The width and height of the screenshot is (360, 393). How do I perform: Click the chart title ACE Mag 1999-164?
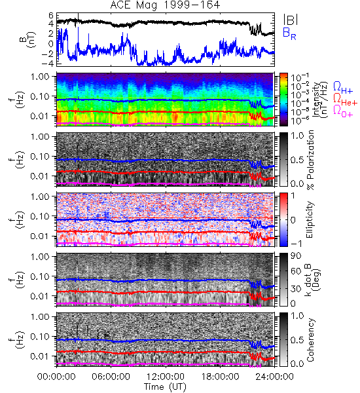[165, 5]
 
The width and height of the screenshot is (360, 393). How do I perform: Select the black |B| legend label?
[291, 20]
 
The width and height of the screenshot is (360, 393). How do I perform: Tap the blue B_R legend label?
[290, 33]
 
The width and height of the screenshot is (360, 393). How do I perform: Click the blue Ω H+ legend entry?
[343, 88]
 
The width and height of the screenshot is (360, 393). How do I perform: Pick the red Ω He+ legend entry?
[345, 100]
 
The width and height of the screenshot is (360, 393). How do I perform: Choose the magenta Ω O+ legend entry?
[343, 111]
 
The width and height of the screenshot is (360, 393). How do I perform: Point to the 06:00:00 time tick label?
[111, 377]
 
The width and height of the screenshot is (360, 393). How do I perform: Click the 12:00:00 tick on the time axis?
[166, 377]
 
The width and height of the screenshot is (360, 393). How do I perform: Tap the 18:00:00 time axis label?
[220, 377]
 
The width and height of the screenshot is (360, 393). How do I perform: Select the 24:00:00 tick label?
[274, 377]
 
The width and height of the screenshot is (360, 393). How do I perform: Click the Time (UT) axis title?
[165, 387]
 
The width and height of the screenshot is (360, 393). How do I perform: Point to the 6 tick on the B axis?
[51, 16]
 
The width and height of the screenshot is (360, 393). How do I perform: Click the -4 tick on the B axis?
[48, 64]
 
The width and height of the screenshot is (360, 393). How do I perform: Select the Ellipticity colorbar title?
[310, 220]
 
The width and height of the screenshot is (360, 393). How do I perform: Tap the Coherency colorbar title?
[310, 340]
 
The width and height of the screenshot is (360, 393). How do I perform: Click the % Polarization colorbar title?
[310, 160]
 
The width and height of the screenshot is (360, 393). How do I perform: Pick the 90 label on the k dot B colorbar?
[295, 255]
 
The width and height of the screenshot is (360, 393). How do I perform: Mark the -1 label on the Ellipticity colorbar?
[297, 244]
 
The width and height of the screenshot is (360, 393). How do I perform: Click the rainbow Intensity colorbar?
[283, 100]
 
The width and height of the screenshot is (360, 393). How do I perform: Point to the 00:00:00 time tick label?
[56, 377]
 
